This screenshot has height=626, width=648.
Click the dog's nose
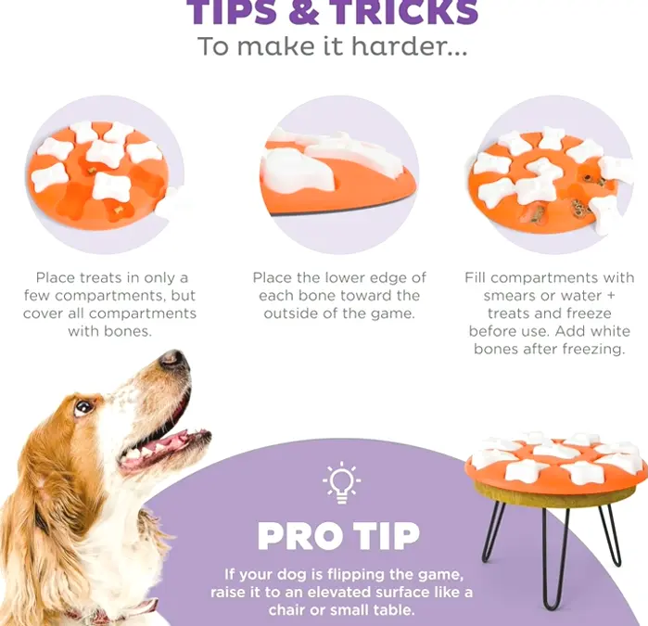click(173, 360)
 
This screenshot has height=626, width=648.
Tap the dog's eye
click(83, 407)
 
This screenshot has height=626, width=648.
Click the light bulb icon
click(341, 483)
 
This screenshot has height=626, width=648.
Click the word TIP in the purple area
click(388, 536)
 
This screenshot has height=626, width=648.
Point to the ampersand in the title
click(304, 12)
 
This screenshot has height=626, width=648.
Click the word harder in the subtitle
click(409, 45)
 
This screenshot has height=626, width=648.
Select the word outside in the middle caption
click(291, 313)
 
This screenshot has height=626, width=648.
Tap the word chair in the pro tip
click(285, 610)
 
